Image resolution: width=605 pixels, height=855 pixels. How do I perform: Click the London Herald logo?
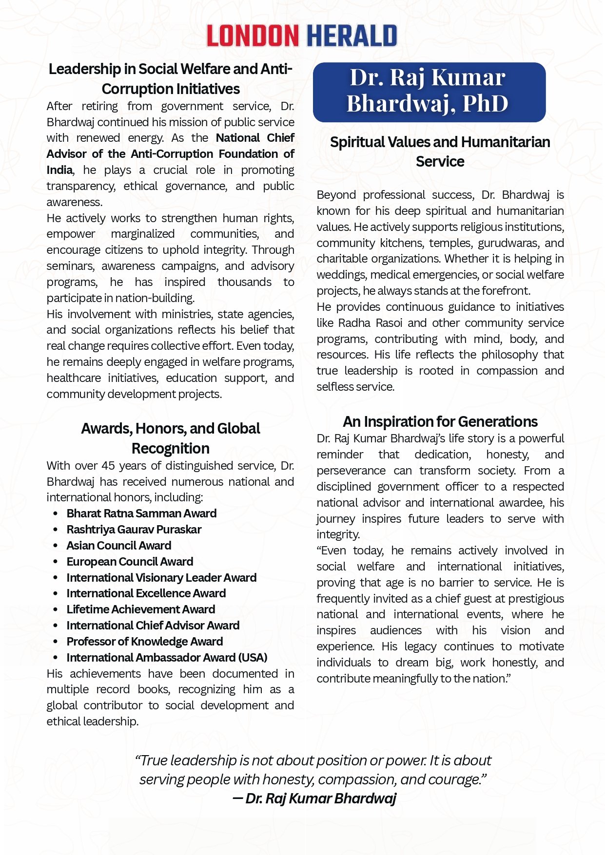(x=302, y=36)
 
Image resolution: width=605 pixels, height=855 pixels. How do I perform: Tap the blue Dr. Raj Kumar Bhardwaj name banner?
(x=429, y=92)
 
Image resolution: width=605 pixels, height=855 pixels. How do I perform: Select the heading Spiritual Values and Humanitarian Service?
(x=440, y=152)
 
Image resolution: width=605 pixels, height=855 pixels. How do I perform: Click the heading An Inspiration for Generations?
(x=440, y=421)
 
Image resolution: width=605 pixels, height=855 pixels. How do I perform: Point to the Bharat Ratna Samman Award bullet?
(x=141, y=513)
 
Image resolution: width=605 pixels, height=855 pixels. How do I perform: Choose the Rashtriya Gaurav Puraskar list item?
(x=134, y=530)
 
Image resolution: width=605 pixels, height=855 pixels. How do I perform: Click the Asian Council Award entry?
(x=119, y=546)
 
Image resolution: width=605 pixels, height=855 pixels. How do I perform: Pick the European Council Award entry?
(x=130, y=562)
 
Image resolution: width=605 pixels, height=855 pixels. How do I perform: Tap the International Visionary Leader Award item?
(x=161, y=578)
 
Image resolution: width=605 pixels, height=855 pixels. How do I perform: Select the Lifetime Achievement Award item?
(x=140, y=609)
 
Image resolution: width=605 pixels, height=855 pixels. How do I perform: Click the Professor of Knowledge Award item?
(x=145, y=642)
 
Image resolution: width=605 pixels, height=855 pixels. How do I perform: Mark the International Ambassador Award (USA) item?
(x=167, y=658)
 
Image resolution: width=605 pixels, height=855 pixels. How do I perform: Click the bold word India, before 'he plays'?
(x=59, y=170)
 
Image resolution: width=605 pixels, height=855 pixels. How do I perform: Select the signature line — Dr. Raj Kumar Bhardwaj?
(x=314, y=798)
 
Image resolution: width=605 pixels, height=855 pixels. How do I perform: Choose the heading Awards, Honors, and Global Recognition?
(x=170, y=438)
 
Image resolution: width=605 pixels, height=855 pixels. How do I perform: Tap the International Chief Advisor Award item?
(x=153, y=626)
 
